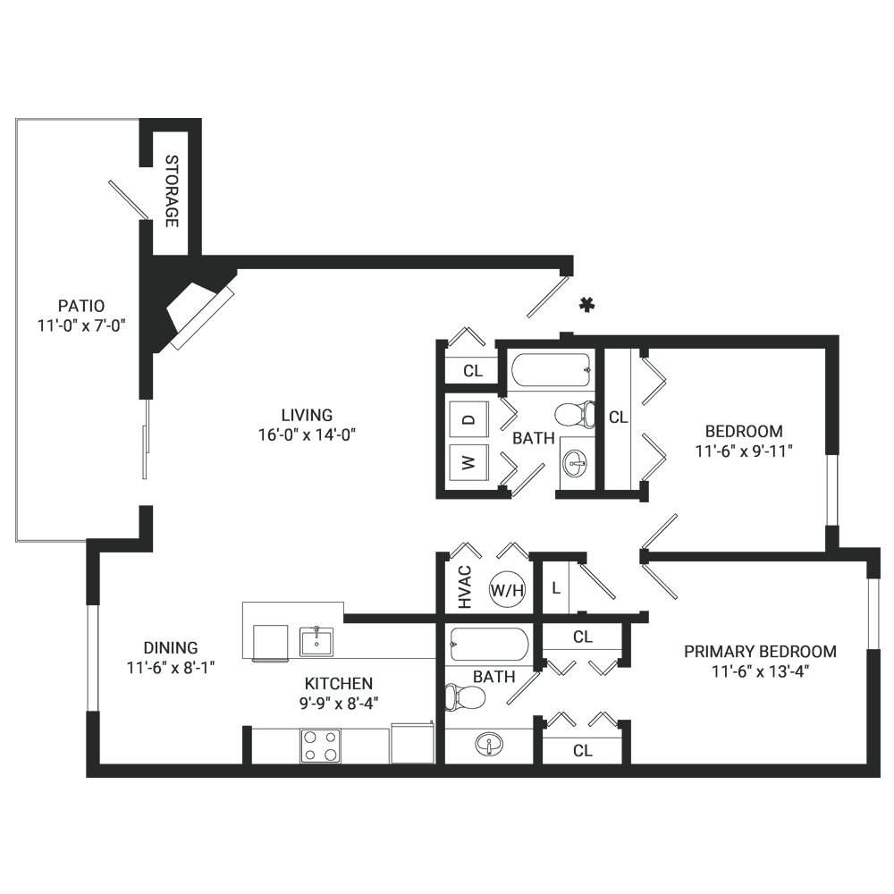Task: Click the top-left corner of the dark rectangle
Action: coord(15,118)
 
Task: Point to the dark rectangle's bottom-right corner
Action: coord(880,777)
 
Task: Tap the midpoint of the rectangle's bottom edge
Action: coord(447,777)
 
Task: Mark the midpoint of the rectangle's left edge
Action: coord(15,447)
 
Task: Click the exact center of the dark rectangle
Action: coord(447,447)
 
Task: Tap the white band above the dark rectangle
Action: coord(447,59)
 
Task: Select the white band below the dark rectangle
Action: coord(447,836)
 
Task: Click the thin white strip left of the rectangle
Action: coord(7,447)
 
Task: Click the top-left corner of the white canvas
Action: coord(0,0)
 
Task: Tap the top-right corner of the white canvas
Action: coord(893,0)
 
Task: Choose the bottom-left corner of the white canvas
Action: coord(0,893)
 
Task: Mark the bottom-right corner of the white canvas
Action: coord(893,893)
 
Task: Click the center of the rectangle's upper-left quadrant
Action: coord(232,283)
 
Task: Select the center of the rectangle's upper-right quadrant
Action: coord(663,283)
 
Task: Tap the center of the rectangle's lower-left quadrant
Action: coord(232,612)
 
